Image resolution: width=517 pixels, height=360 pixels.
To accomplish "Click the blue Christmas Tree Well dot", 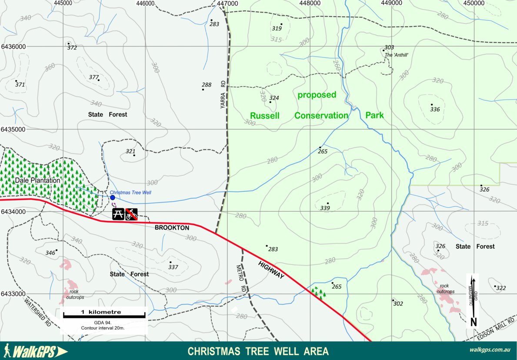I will click(112, 197).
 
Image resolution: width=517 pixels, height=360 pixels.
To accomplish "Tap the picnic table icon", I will click(118, 214).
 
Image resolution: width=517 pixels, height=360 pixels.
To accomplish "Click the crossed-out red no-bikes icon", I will click(132, 214).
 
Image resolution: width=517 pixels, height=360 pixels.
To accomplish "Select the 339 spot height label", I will click(325, 208).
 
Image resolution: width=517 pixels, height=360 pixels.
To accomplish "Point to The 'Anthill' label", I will click(396, 55).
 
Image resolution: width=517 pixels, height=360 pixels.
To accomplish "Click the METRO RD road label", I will click(240, 278).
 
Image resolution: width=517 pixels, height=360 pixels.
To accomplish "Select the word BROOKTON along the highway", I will click(172, 228).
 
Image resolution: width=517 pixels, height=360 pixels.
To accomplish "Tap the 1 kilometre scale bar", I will click(104, 315).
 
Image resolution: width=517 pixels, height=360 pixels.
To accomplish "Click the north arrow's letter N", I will click(474, 322).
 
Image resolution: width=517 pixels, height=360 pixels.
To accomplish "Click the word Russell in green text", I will click(264, 116).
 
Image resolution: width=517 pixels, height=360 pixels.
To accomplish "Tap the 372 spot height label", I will click(72, 48).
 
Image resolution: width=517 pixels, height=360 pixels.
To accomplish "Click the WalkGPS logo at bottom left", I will click(35, 351).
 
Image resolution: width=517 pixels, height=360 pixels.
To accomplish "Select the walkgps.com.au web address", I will click(489, 350).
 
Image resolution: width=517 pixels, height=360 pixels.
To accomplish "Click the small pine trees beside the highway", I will click(318, 293).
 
